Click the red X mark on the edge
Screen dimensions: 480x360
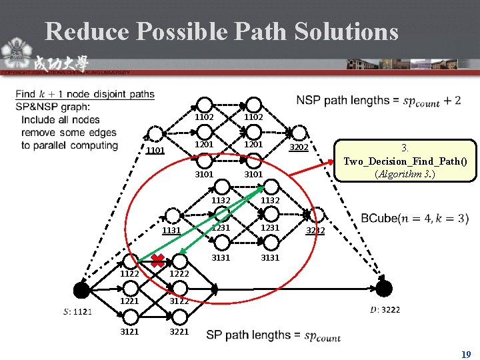point(158,259)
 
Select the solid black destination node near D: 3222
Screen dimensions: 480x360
point(384,289)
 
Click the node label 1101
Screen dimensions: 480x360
point(155,151)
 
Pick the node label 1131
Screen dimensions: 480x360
point(172,231)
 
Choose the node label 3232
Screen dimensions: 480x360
point(315,231)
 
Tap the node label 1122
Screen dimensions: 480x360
point(130,273)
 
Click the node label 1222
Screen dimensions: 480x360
point(179,273)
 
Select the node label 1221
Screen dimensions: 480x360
point(130,301)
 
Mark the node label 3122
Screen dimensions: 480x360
point(179,301)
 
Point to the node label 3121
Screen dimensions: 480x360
point(130,331)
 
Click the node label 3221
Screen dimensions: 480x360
point(179,331)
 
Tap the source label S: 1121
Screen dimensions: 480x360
point(78,311)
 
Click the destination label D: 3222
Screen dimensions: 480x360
point(385,309)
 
